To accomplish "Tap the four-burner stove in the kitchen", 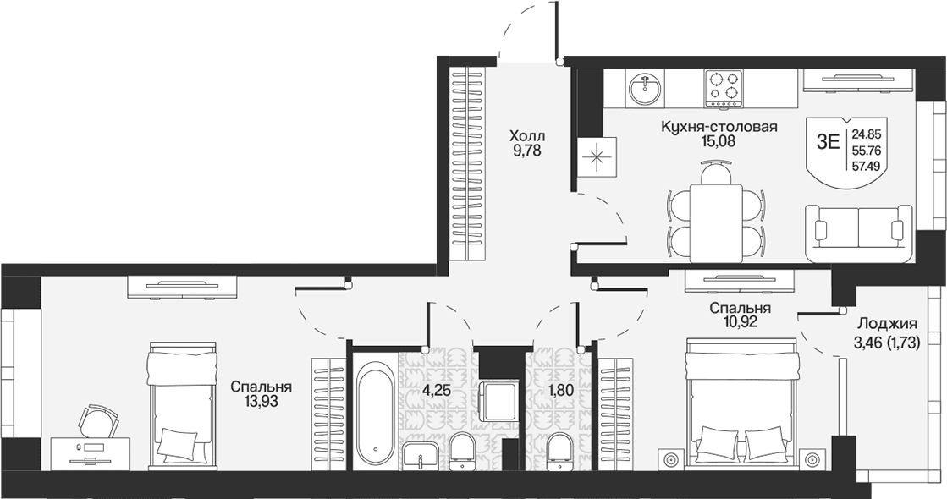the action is click(724, 90).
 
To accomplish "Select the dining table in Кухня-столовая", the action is click(716, 222).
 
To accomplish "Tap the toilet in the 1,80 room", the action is click(559, 452).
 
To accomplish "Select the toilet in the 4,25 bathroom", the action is click(463, 451).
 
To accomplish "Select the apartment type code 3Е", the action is click(828, 142).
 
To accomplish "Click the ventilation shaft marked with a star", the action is click(597, 156).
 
